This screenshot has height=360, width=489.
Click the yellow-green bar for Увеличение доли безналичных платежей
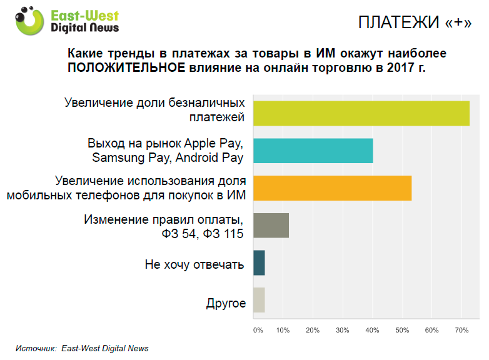pyautogui.click(x=361, y=113)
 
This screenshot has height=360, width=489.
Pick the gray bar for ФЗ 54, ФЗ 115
pyautogui.click(x=271, y=226)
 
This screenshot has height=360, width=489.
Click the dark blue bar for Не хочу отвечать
pyautogui.click(x=259, y=263)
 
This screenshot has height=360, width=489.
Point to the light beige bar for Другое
pyautogui.click(x=259, y=300)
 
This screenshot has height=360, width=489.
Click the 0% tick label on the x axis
pyautogui.click(x=258, y=329)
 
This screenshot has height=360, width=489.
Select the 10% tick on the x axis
pyautogui.click(x=283, y=329)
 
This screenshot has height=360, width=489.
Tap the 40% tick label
pyautogui.click(x=372, y=329)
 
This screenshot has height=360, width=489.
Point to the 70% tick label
pyautogui.click(x=461, y=329)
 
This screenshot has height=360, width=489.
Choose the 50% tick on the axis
pyautogui.click(x=402, y=329)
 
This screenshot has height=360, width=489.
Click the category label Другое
pyautogui.click(x=226, y=304)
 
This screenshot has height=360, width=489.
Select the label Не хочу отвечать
pyautogui.click(x=194, y=264)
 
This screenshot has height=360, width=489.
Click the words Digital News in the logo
pyautogui.click(x=85, y=28)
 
